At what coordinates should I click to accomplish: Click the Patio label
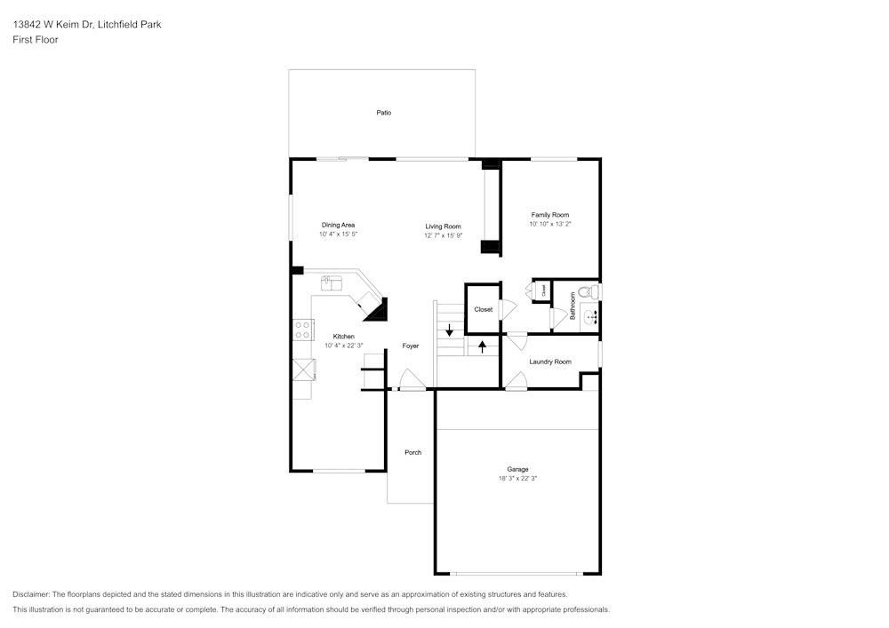tap(384, 113)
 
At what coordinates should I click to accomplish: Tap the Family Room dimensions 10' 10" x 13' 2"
tap(550, 224)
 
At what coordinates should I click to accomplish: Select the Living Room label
tap(444, 227)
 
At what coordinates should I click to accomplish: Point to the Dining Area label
tap(338, 225)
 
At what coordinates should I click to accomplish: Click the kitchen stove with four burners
tap(302, 330)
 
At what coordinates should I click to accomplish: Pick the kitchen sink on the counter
tap(331, 283)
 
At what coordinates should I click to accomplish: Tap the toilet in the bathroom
tap(592, 292)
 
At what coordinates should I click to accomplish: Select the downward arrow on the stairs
tap(449, 330)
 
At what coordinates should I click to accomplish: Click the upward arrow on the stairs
tap(483, 346)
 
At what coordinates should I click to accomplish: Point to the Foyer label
tap(411, 346)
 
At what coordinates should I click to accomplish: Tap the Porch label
tap(412, 452)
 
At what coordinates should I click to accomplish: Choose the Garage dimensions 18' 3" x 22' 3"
tap(517, 479)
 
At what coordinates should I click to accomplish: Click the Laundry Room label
tap(550, 362)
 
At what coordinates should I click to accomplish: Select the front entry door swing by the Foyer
tap(412, 380)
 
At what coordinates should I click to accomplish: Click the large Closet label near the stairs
tap(483, 310)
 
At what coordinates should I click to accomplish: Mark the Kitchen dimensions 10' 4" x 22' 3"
tap(343, 346)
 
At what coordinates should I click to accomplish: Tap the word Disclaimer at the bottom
tap(31, 594)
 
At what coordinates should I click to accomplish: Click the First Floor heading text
tap(36, 40)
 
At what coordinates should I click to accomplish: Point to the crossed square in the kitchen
tap(303, 370)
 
